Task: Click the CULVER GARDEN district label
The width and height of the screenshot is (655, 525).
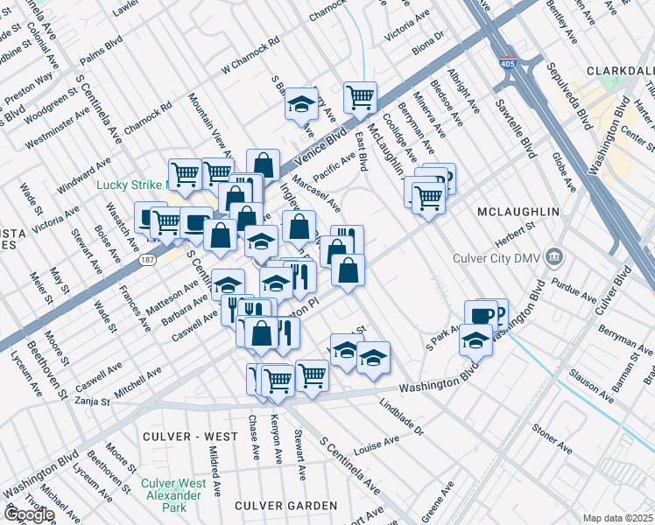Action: coord(285,506)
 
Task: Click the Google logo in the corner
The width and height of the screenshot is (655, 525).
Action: coord(28,514)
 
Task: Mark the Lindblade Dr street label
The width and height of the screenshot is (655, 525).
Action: coord(401,418)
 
